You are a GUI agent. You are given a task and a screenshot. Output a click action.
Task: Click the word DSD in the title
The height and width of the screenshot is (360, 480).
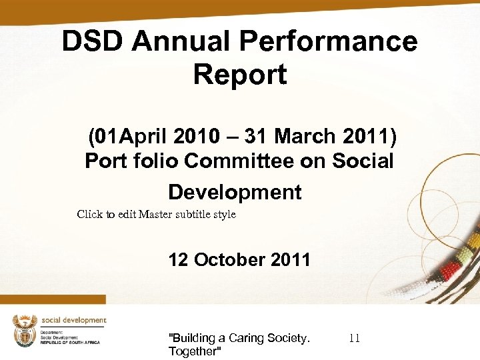93,41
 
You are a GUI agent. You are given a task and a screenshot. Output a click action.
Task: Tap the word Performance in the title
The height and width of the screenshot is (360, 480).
328,41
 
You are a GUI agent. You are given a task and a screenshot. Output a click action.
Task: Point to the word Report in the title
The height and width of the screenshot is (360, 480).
240,74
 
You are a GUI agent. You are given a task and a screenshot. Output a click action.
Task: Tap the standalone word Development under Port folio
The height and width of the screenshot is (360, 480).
235,192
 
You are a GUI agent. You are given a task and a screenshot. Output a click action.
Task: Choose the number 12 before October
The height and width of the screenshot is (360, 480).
178,259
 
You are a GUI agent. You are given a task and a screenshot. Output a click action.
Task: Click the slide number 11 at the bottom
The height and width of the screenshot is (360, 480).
354,339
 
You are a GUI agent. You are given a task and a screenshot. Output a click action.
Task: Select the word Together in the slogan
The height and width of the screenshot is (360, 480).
194,351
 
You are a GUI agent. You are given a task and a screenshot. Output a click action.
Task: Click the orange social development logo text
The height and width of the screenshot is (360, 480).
73,320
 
